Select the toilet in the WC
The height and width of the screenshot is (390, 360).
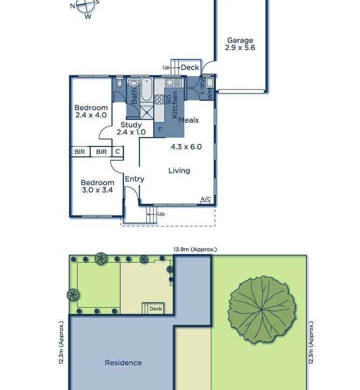click(120, 83)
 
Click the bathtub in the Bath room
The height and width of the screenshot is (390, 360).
click(146, 89)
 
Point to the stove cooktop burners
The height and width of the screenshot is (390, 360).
click(159, 99)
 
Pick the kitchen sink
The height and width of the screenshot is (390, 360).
click(173, 82)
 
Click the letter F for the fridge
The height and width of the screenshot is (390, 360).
click(160, 129)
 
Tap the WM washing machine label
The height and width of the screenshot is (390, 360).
click(210, 94)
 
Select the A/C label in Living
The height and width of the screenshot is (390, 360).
click(205, 199)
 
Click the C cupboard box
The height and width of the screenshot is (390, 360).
click(117, 151)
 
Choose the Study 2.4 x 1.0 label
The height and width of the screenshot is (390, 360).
click(131, 128)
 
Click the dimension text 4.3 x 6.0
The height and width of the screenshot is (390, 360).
click(186, 146)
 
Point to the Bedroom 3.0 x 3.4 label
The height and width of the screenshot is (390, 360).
click(97, 186)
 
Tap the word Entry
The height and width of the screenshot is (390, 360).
click(134, 179)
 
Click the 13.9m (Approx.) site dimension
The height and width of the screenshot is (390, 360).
click(195, 249)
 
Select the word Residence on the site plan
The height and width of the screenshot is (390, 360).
click(123, 362)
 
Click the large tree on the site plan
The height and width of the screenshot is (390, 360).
click(262, 309)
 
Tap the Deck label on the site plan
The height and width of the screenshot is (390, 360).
click(155, 308)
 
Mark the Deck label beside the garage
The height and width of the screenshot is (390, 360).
click(190, 67)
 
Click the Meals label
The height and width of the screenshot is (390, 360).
click(188, 120)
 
